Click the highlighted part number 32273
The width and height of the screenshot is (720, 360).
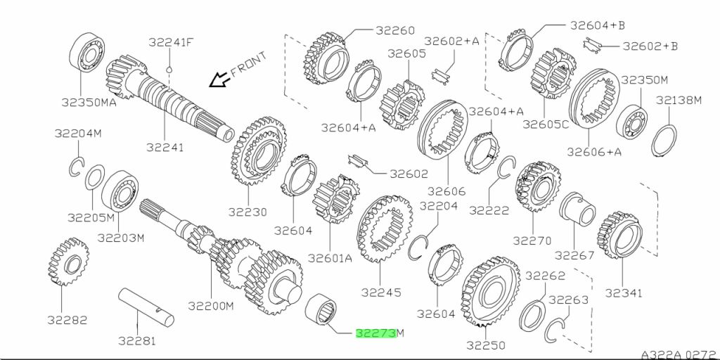tap(375, 333)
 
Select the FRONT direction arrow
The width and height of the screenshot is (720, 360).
tap(220, 79)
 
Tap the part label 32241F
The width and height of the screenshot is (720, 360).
tap(171, 42)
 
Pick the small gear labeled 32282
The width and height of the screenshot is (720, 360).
tap(68, 262)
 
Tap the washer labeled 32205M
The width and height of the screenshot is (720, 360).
tap(95, 176)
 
